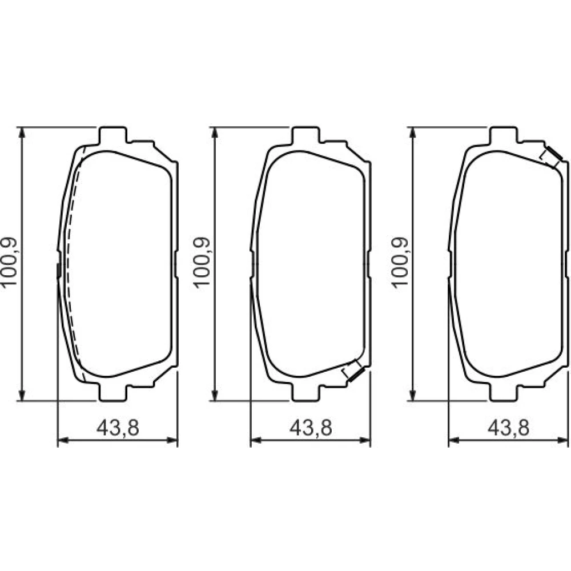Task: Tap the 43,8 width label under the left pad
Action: point(118,428)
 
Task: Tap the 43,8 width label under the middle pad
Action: point(311,428)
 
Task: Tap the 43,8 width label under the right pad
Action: point(508,428)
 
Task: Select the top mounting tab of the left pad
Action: point(113,135)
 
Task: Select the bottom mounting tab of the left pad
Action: point(113,393)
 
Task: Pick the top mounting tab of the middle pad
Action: point(306,135)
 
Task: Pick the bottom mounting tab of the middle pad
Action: point(306,393)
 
